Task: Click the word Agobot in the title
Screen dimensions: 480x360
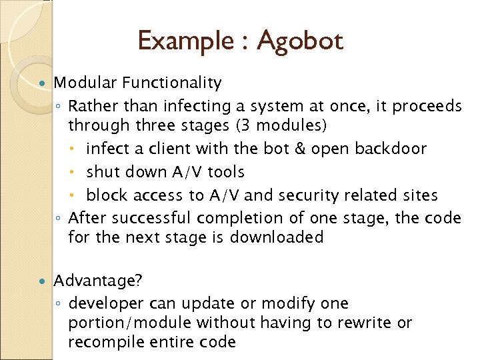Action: [299, 41]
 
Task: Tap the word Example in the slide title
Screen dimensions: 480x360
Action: [184, 41]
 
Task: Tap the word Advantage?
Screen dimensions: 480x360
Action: [98, 281]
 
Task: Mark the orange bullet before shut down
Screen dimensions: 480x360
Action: [79, 173]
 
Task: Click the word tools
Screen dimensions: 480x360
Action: [226, 172]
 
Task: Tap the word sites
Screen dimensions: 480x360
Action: [419, 195]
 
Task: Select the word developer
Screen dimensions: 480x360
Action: [106, 304]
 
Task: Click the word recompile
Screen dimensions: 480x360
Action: [103, 343]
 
